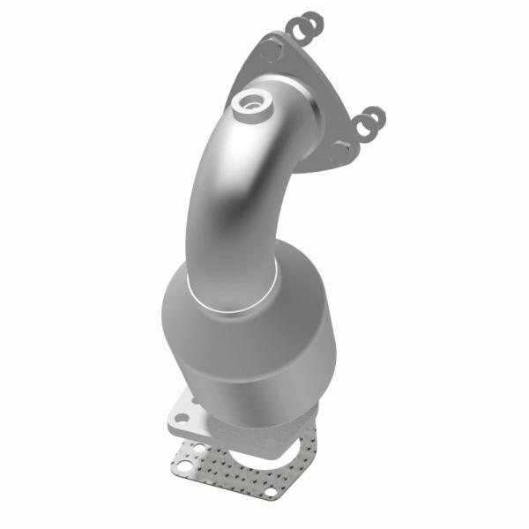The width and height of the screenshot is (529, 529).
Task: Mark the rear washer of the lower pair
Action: [x=376, y=116]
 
